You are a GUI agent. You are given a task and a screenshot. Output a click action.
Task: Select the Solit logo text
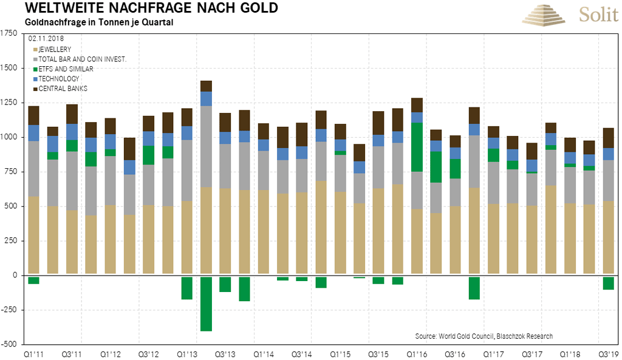[598, 15]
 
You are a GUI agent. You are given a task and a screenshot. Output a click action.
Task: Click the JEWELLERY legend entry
[56, 49]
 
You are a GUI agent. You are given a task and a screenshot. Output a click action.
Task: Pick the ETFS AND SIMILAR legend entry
[65, 69]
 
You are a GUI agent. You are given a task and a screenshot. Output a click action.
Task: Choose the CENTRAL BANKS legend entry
[61, 89]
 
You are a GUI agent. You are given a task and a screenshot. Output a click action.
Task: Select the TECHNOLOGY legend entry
[59, 79]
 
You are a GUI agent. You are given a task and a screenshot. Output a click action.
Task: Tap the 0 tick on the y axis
[15, 276]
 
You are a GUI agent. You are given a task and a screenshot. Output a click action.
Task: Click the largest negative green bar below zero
[206, 303]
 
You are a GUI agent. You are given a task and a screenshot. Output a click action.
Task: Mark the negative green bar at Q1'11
[33, 280]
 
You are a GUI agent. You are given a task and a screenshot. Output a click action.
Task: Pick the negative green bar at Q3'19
[608, 282]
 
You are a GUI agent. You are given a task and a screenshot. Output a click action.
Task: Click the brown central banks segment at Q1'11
[33, 115]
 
